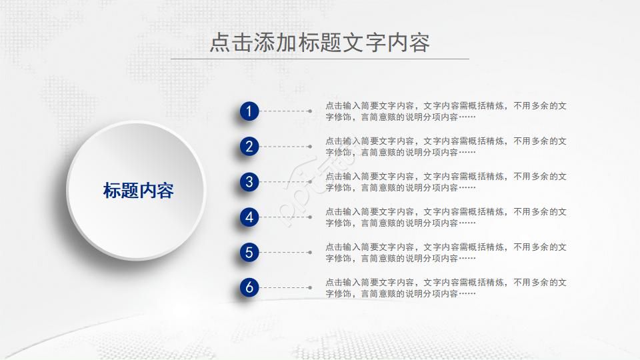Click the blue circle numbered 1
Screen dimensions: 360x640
click(x=249, y=111)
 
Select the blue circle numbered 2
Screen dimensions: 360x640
click(x=249, y=147)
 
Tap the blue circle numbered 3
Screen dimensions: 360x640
click(x=249, y=182)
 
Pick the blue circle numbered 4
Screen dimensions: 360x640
click(x=249, y=217)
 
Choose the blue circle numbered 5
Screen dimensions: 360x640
click(x=249, y=253)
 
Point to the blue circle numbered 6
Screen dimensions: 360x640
click(x=249, y=288)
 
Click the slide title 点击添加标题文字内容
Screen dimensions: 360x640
click(x=319, y=42)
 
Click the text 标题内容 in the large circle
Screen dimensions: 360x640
click(x=138, y=191)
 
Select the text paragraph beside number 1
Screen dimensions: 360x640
click(x=445, y=111)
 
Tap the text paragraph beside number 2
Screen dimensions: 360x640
click(x=445, y=147)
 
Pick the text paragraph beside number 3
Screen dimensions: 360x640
click(x=445, y=182)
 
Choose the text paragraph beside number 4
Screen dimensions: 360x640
click(x=445, y=217)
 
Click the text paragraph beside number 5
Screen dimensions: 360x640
click(x=445, y=253)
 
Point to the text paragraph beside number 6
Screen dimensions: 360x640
click(x=445, y=288)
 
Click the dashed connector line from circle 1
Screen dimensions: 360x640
click(x=283, y=111)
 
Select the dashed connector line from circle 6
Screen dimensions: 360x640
click(x=283, y=288)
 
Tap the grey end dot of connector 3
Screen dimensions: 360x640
click(x=310, y=182)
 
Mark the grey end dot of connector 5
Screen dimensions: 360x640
click(x=310, y=253)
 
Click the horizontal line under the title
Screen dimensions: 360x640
click(x=319, y=59)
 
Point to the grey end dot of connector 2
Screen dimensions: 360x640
click(x=310, y=147)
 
